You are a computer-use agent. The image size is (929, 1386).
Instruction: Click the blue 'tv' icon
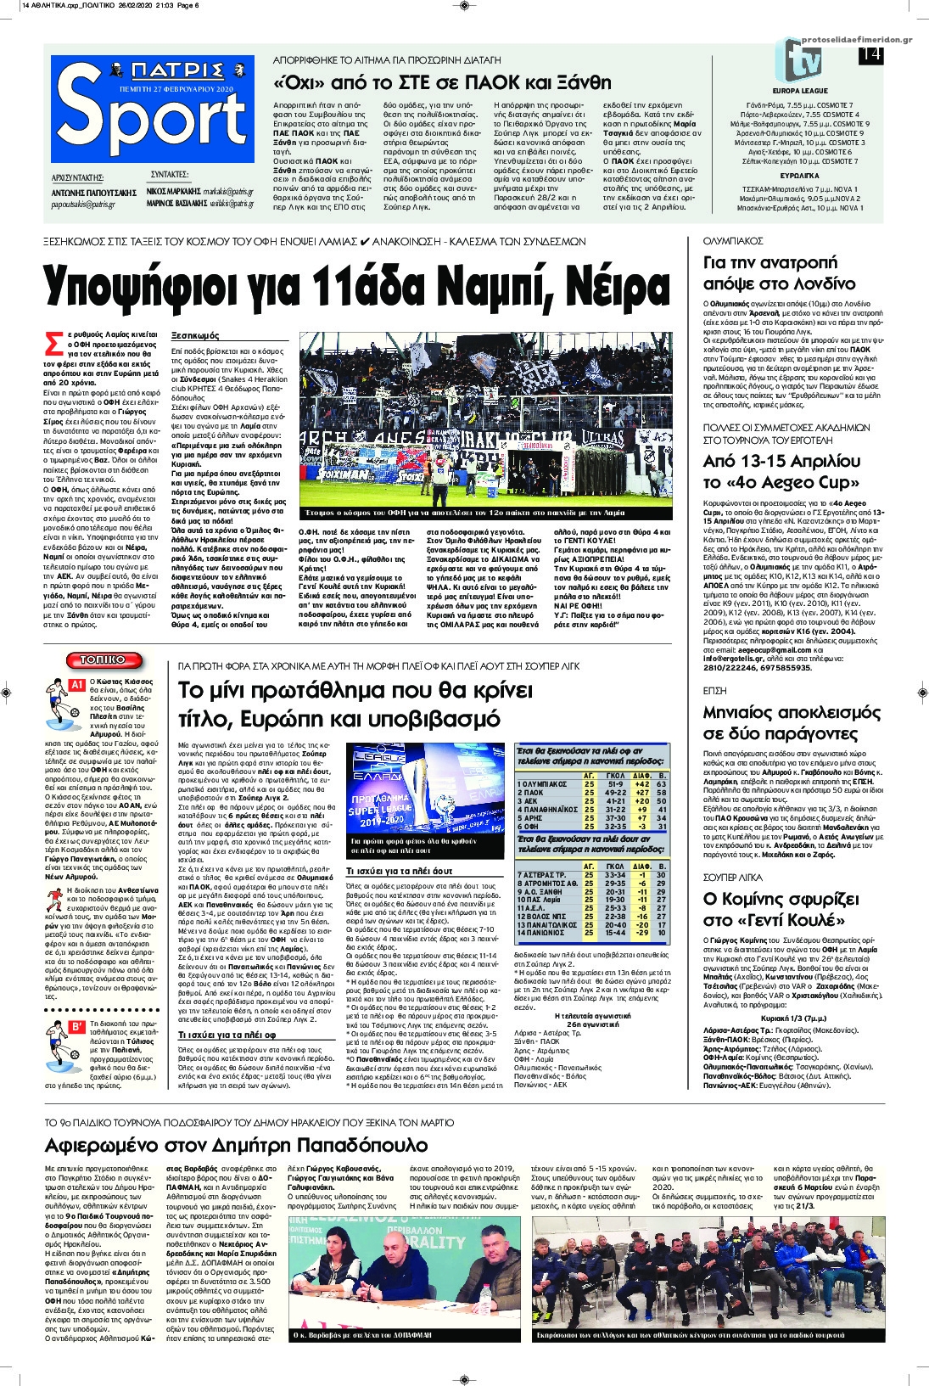(798, 60)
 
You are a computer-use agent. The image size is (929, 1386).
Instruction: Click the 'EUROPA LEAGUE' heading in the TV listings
(800, 91)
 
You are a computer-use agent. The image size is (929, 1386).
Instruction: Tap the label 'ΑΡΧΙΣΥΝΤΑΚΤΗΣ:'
(77, 178)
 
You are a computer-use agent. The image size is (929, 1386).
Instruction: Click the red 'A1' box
(76, 684)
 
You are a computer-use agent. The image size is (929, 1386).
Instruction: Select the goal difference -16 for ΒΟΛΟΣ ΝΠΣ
(642, 917)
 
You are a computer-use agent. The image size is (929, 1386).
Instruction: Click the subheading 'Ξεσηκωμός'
(195, 335)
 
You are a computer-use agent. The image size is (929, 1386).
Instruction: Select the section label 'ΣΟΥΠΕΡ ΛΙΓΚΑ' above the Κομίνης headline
(733, 878)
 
